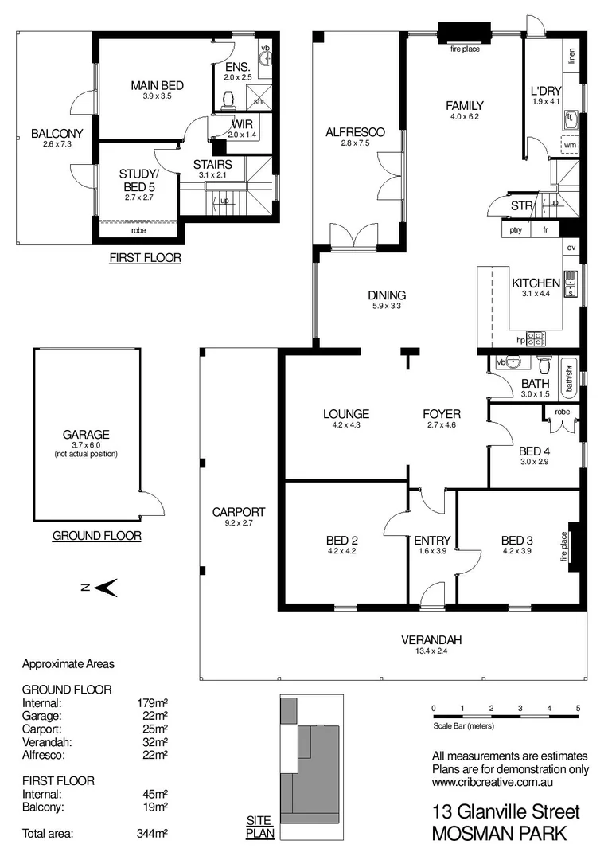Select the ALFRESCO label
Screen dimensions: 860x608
pyautogui.click(x=355, y=132)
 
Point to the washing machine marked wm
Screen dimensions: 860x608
pyautogui.click(x=570, y=146)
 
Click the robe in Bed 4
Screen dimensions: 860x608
pyautogui.click(x=563, y=412)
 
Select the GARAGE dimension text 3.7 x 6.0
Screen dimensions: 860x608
pyautogui.click(x=86, y=445)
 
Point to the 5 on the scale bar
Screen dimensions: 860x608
pyautogui.click(x=579, y=707)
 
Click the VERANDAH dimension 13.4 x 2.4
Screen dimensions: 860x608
pyautogui.click(x=431, y=651)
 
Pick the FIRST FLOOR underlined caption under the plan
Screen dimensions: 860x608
pyautogui.click(x=145, y=258)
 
